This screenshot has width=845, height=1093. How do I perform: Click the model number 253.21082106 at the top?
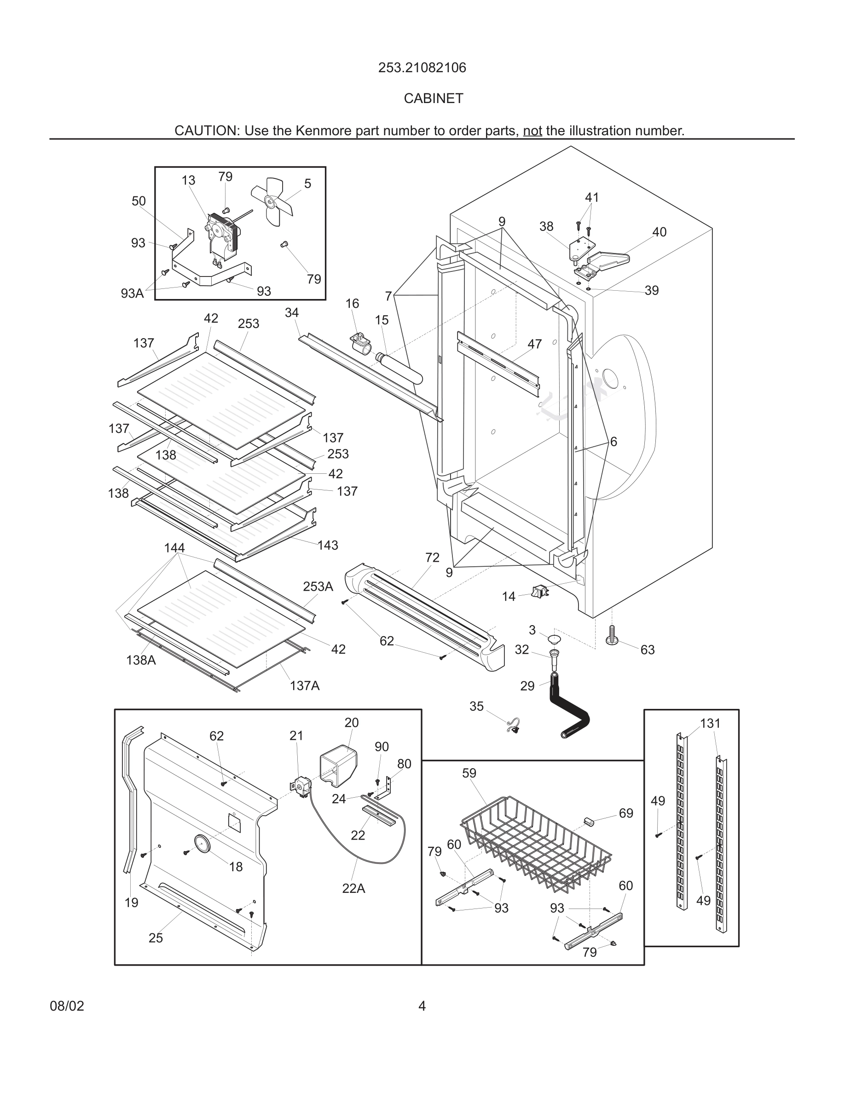tap(422, 68)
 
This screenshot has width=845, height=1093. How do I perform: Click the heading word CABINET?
tap(434, 98)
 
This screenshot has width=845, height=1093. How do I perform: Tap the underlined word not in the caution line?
tap(532, 131)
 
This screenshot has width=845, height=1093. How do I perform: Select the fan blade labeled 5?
tap(271, 201)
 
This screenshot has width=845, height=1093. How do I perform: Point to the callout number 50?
tap(139, 201)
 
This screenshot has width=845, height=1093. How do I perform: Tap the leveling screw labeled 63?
tap(611, 636)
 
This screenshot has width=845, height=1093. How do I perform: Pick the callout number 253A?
tap(318, 587)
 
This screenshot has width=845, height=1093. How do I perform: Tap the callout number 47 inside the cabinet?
tap(535, 344)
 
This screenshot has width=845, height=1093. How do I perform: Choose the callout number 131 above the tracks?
tap(710, 723)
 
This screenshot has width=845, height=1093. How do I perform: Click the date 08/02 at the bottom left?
tap(67, 1006)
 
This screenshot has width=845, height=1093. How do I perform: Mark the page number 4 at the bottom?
tap(422, 1006)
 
